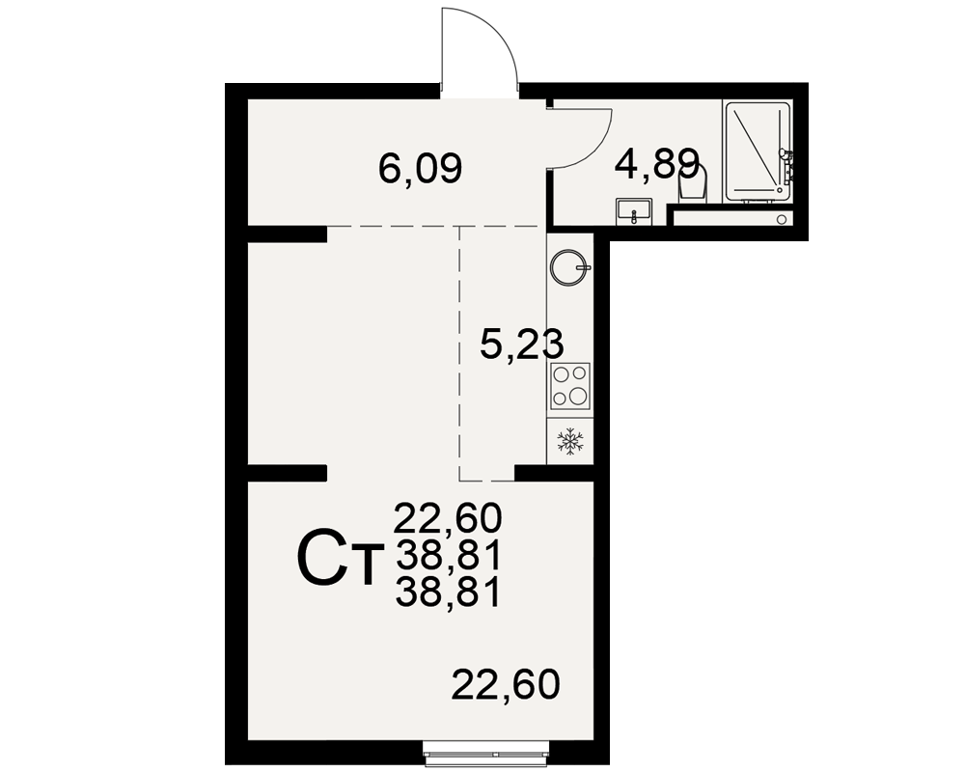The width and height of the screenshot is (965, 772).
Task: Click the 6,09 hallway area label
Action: [x=421, y=169]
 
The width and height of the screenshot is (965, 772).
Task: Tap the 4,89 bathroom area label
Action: [x=658, y=164]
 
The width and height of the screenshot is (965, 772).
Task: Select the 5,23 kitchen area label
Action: [x=522, y=344]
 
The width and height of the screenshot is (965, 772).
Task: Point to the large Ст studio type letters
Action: [x=340, y=562]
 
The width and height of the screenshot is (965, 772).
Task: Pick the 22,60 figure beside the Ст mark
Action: [x=448, y=517]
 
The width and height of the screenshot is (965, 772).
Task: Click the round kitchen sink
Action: [x=570, y=268]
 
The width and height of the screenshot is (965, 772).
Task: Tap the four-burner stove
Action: [x=570, y=385]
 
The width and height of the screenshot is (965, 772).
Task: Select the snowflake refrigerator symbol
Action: [x=570, y=442]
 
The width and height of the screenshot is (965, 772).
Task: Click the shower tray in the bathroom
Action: [x=758, y=152]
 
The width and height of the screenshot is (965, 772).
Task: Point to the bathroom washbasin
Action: [x=634, y=211]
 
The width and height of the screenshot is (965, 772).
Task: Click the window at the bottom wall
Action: [x=486, y=754]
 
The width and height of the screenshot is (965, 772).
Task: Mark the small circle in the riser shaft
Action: [x=782, y=218]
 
